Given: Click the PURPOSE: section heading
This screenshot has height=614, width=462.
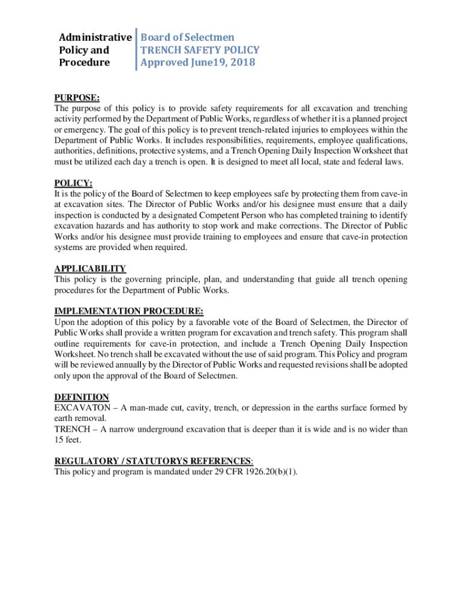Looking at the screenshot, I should pyautogui.click(x=77, y=98).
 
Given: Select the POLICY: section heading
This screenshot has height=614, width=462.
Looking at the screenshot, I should pyautogui.click(x=73, y=183).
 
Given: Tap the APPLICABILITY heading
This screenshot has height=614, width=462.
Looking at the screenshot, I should pyautogui.click(x=90, y=269).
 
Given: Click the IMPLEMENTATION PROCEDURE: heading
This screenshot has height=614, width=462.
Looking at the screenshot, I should pyautogui.click(x=129, y=311).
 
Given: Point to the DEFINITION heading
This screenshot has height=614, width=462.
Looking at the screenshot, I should pyautogui.click(x=82, y=397).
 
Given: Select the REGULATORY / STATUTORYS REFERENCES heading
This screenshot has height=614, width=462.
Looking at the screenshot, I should pyautogui.click(x=153, y=460).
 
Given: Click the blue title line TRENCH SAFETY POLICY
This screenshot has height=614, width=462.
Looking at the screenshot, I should pyautogui.click(x=200, y=50).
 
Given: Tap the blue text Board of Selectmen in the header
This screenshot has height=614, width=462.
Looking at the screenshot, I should pyautogui.click(x=187, y=37).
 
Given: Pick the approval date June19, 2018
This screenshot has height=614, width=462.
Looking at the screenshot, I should pyautogui.click(x=222, y=62).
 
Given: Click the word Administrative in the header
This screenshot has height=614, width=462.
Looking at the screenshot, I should pyautogui.click(x=95, y=37).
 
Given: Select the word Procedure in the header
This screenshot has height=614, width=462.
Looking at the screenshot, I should pyautogui.click(x=84, y=62).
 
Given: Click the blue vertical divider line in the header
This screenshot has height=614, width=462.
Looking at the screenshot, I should pyautogui.click(x=136, y=49).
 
